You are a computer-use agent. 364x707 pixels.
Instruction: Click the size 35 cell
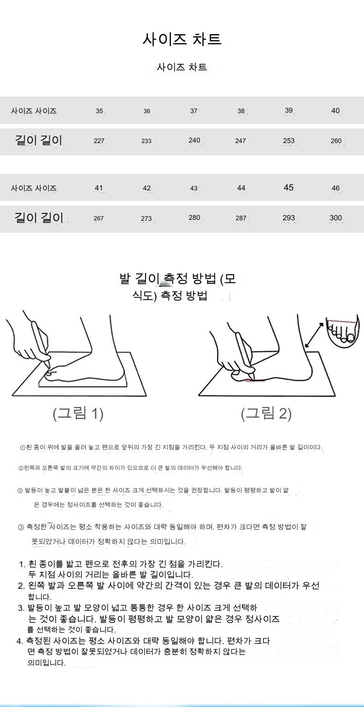click(x=100, y=111)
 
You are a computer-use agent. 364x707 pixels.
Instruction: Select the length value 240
click(x=194, y=140)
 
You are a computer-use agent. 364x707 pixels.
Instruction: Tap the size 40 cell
click(x=335, y=110)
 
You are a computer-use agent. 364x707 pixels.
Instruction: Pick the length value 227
click(x=99, y=141)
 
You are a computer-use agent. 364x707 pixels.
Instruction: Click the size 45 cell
click(x=288, y=188)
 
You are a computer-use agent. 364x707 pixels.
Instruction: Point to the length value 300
click(x=335, y=218)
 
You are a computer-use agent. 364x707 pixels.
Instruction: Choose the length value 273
click(x=147, y=218)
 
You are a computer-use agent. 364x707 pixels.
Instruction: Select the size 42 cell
click(x=147, y=188)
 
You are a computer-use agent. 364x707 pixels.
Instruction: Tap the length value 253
click(x=289, y=140)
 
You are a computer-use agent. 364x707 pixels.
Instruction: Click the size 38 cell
click(x=241, y=111)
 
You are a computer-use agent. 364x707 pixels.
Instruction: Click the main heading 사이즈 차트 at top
click(x=182, y=39)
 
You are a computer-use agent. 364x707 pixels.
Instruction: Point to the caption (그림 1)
click(x=78, y=414)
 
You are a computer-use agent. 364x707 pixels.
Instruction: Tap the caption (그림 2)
click(x=266, y=414)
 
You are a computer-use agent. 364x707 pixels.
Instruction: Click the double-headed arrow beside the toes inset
click(x=315, y=335)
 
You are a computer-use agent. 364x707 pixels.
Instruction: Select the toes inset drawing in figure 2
click(x=343, y=331)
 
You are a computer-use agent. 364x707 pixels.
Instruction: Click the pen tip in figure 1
click(x=49, y=367)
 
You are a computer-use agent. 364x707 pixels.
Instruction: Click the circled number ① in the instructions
click(x=23, y=448)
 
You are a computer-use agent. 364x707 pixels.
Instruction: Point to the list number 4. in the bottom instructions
click(x=20, y=641)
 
